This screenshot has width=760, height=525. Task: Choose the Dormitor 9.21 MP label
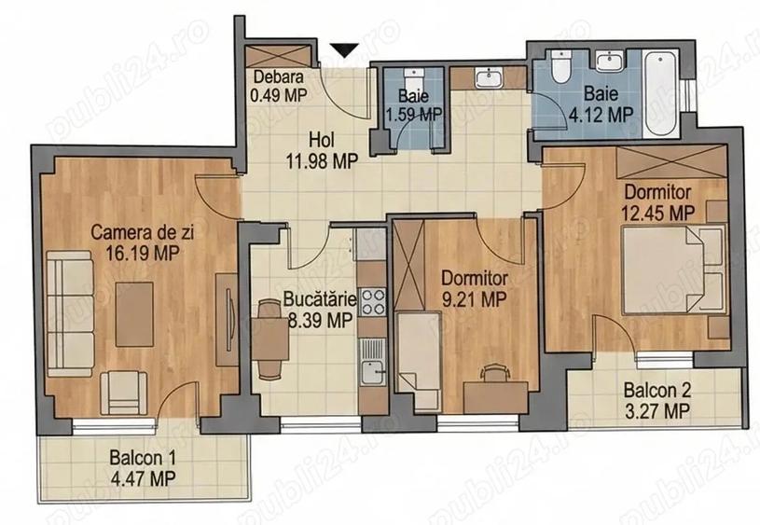point(474,288)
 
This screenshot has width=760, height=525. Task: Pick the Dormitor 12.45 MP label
point(658,201)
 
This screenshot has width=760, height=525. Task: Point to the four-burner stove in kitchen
point(374,300)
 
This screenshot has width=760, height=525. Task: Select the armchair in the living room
point(121,389)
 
